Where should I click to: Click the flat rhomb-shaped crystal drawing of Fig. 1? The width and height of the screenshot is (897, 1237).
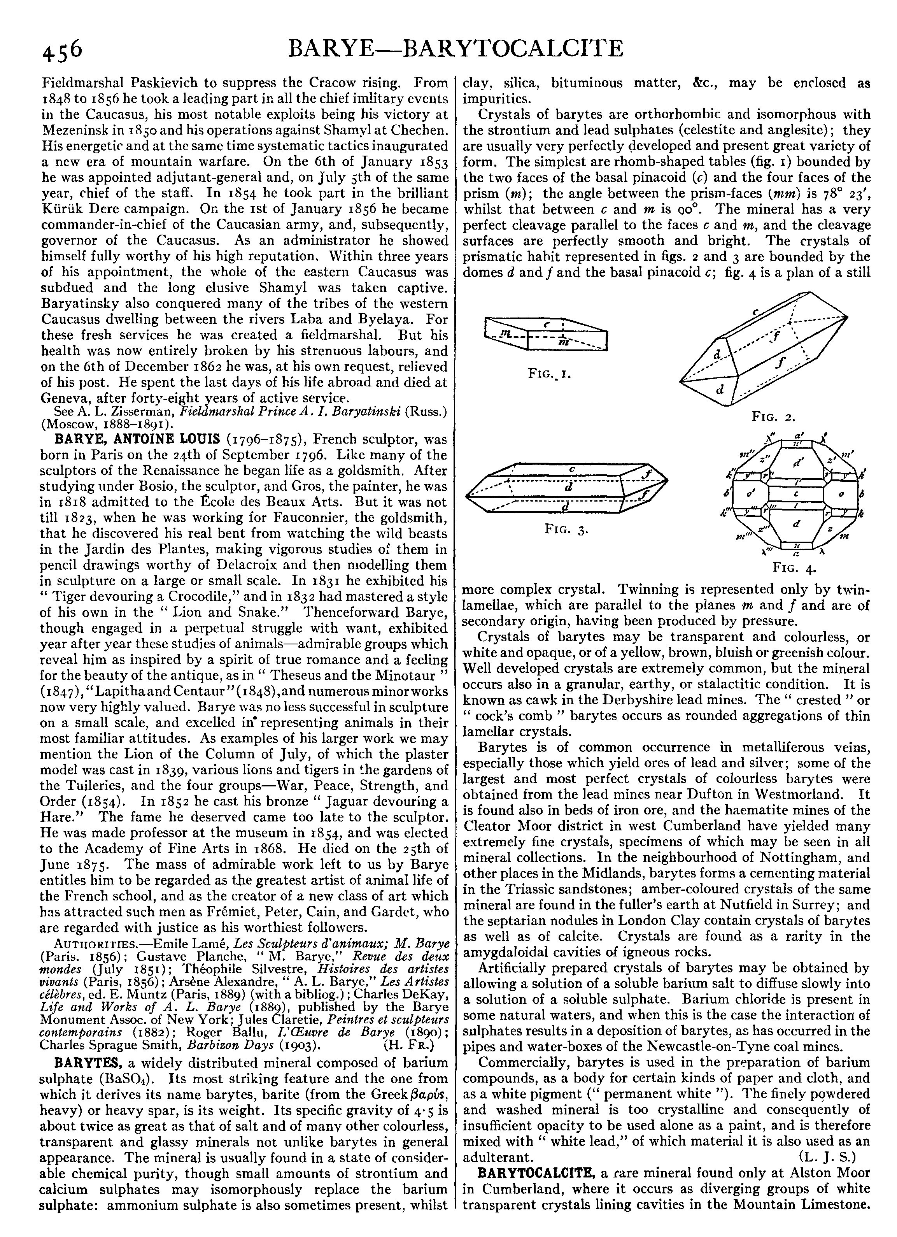coord(545,334)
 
